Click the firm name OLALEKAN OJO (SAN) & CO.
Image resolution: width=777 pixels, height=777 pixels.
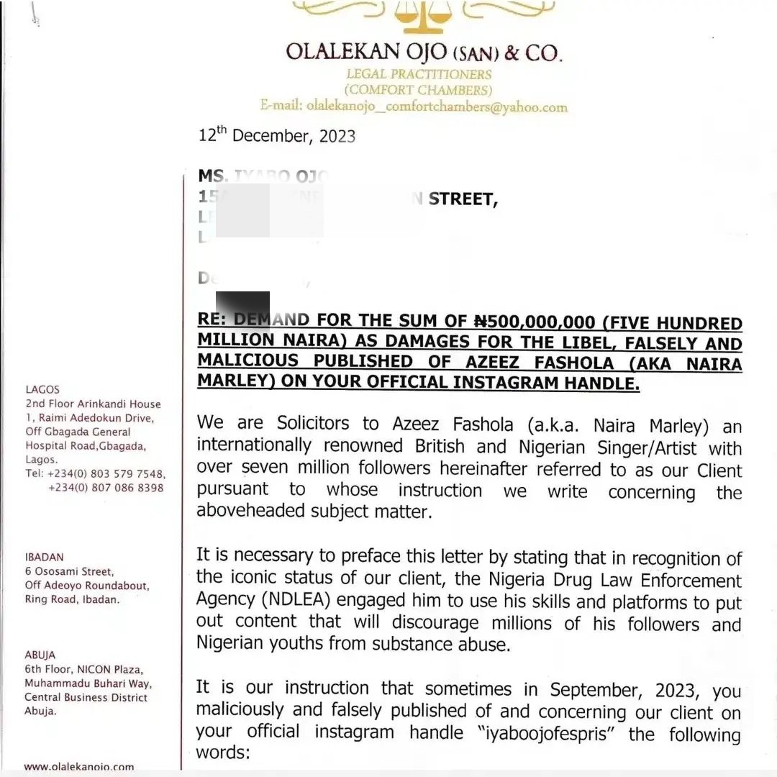tap(423, 53)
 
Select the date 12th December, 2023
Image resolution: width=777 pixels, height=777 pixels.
tap(276, 135)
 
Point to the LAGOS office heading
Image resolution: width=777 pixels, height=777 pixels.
tap(42, 389)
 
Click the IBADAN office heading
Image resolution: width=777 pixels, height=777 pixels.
tap(45, 557)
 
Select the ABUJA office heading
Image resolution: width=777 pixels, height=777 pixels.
tap(40, 655)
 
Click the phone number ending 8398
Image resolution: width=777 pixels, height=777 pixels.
tap(106, 488)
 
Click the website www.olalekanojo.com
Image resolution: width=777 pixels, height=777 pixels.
tap(79, 767)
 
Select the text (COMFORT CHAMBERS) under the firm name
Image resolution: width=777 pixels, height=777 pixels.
tap(418, 90)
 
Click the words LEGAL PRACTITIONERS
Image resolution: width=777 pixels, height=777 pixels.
tap(419, 74)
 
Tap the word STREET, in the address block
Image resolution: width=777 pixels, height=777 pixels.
tap(463, 199)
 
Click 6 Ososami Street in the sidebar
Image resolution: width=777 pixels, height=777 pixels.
tap(69, 571)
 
